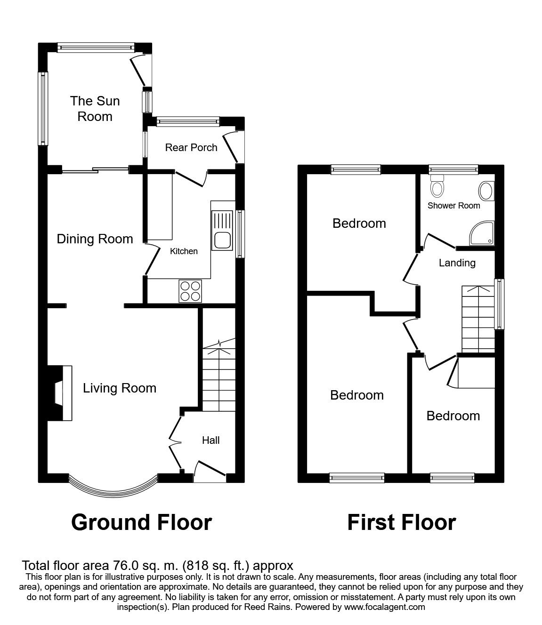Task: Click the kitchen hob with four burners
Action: coord(190,290)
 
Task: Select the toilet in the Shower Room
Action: coord(437,186)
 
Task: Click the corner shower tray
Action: coord(482,233)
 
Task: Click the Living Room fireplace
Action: coord(60,393)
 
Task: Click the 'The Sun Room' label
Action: coord(95,109)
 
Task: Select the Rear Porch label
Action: coord(191,148)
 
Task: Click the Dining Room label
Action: coord(95,239)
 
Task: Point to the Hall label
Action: coord(210,441)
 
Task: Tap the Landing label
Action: coord(457,263)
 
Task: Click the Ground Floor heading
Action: coord(141,522)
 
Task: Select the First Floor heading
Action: coord(401,522)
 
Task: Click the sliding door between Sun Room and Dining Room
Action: coord(96,170)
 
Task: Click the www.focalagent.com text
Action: coord(384,607)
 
